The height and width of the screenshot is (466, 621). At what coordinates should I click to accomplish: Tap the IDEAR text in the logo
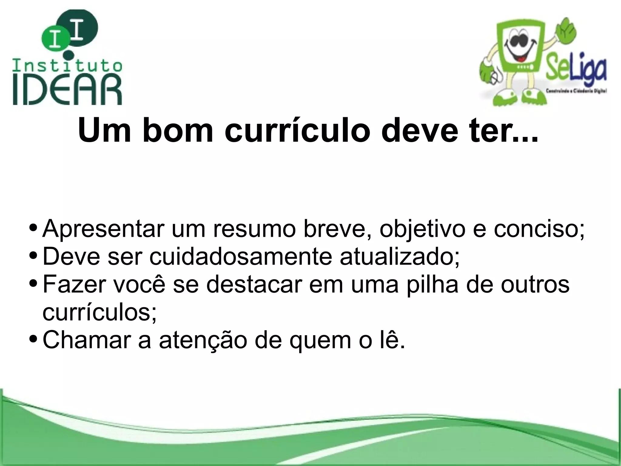pos(67,90)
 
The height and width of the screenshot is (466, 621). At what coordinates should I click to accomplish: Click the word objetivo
pos(422,230)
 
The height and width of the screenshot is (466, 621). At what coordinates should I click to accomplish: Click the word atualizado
pos(399,257)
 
